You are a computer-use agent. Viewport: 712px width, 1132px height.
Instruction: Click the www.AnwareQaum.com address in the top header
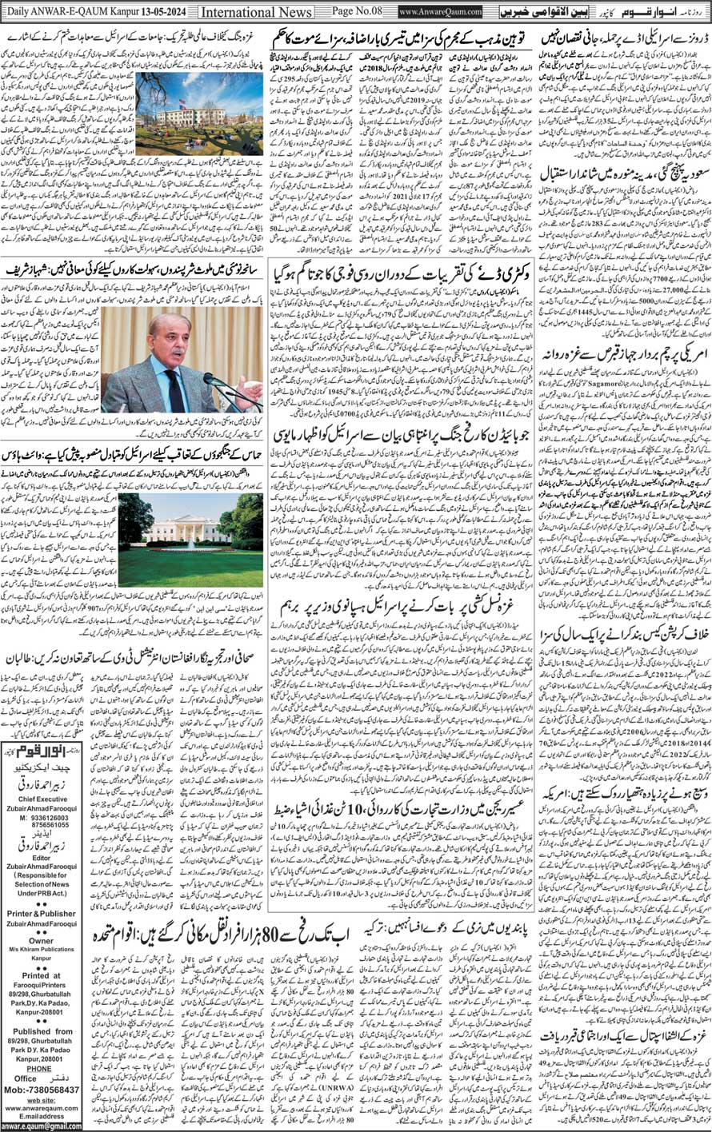(x=439, y=13)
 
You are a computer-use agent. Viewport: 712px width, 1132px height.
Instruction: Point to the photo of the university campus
(x=199, y=114)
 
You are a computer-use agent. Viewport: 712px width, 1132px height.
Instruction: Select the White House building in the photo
(x=189, y=531)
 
